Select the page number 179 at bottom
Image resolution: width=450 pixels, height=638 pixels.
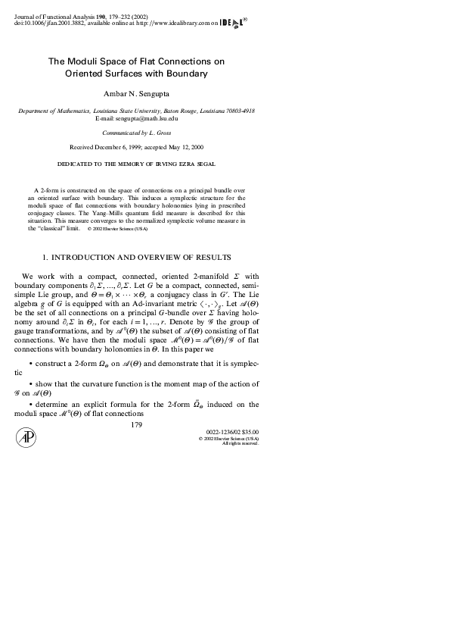click(136, 425)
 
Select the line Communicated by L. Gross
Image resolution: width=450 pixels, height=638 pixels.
click(136, 132)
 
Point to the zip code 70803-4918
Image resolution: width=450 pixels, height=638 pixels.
click(239, 111)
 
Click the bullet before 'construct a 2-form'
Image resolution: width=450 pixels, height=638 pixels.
click(29, 364)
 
